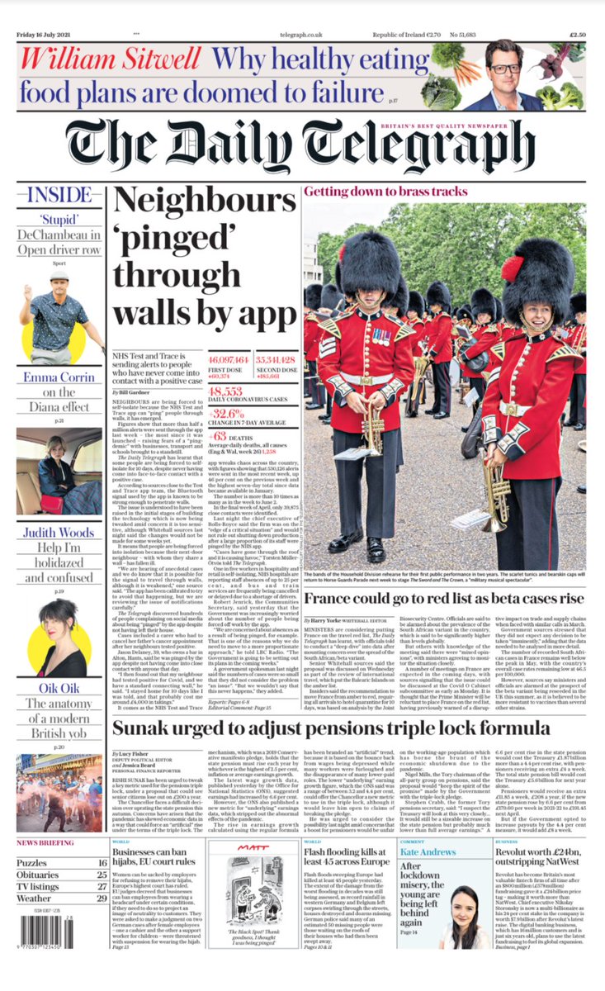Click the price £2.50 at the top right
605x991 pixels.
[575, 35]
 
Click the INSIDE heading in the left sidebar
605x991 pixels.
[59, 196]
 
